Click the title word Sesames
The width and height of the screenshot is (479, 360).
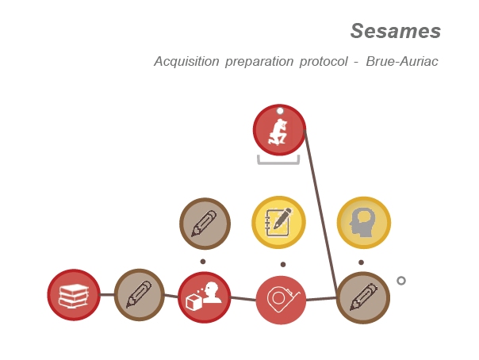coord(395,31)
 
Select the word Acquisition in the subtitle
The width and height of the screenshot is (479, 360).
coord(186,61)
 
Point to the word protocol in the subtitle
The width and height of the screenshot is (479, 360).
coord(324,62)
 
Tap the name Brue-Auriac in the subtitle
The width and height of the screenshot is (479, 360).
coord(402,61)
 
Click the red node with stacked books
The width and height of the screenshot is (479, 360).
coord(74,295)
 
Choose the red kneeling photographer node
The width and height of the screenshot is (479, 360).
coord(279,130)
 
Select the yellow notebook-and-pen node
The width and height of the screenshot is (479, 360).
coord(278,222)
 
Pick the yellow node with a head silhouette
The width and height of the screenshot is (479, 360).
coord(364,223)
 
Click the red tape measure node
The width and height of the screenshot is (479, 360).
coord(281,300)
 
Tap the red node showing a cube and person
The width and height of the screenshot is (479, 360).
coord(204,297)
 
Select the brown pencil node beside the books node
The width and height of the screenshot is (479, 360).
coord(140,295)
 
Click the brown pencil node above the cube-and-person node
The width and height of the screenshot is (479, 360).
coord(205,224)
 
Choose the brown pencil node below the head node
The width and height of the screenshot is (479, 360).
coord(363,297)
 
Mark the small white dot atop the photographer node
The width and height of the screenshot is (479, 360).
coord(280,110)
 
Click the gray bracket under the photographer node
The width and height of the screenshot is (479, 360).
coord(278,163)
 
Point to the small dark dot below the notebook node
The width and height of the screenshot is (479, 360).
coord(283,264)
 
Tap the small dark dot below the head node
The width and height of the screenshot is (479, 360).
coord(361,262)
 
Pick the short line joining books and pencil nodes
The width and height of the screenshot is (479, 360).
coord(107,295)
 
